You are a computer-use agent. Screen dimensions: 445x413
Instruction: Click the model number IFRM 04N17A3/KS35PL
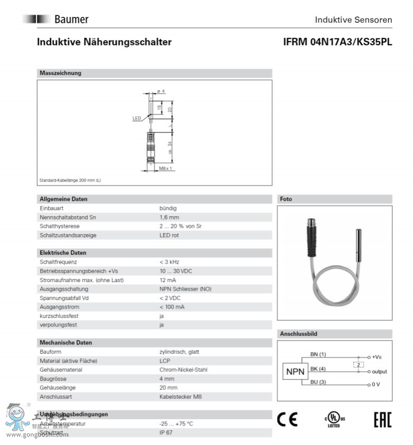click(x=338, y=42)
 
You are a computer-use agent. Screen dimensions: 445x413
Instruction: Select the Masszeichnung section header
click(x=61, y=73)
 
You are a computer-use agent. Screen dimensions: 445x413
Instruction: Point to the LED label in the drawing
click(x=136, y=119)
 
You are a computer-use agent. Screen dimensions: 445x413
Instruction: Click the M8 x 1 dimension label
click(x=166, y=169)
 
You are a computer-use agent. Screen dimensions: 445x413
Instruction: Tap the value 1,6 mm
click(x=169, y=217)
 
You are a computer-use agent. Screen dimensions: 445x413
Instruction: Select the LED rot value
click(x=169, y=235)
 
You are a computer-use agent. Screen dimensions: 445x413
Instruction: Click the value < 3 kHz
click(x=170, y=262)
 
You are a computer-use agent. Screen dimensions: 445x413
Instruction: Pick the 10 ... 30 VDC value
click(x=176, y=271)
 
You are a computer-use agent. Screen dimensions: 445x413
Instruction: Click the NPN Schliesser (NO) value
click(x=185, y=289)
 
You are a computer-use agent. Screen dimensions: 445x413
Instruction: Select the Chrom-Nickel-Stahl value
click(x=183, y=370)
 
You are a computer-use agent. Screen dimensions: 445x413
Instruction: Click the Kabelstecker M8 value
click(x=180, y=396)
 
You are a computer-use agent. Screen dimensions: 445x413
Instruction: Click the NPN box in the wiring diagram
click(x=295, y=372)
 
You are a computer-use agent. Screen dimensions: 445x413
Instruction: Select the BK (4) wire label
click(x=318, y=368)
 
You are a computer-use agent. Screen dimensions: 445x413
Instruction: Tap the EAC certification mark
click(x=382, y=420)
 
